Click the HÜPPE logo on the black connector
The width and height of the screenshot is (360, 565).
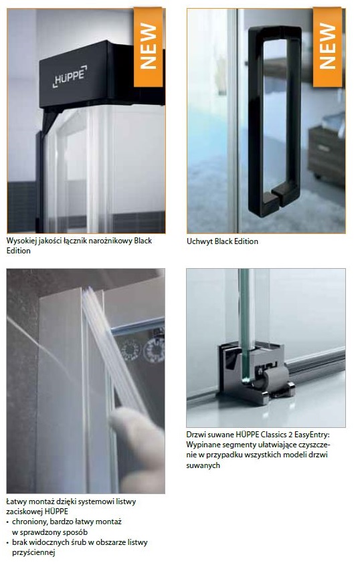(x=70, y=76)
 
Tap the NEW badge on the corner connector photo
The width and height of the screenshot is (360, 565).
(x=148, y=47)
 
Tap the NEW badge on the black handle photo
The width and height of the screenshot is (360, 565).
(x=327, y=47)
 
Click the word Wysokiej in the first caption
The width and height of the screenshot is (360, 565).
(x=21, y=241)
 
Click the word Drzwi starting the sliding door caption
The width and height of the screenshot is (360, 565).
(x=195, y=435)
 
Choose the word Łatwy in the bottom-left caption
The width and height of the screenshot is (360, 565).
(x=15, y=501)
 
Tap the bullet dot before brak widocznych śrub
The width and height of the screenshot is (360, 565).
(x=8, y=542)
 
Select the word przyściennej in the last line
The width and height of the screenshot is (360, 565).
(x=33, y=553)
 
